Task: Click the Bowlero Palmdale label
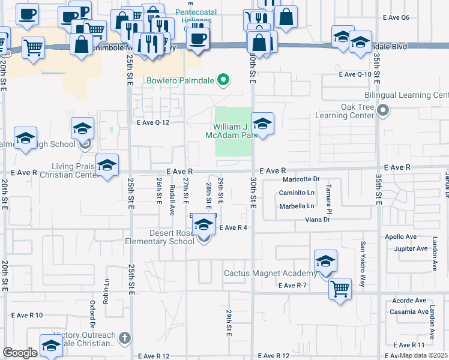coord(180,80)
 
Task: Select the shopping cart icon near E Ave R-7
coord(340,289)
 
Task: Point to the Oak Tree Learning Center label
coord(345,111)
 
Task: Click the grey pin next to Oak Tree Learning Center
coord(383,110)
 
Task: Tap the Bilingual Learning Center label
coord(406,95)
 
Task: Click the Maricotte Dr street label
coord(303,179)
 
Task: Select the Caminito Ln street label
coord(297,193)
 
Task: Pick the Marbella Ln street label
coord(297,206)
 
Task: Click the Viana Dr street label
coord(318,220)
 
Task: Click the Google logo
coord(20,353)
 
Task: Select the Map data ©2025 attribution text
coord(423,355)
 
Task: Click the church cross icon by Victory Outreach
coord(125,339)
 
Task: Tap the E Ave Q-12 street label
coord(154,122)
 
